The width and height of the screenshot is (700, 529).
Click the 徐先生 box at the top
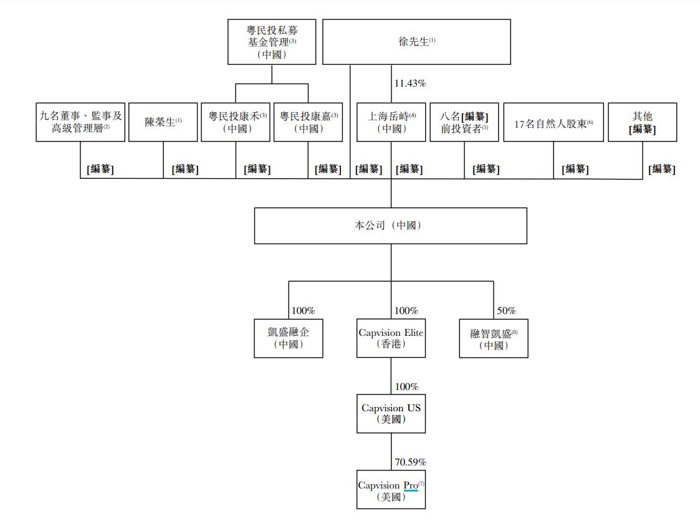point(416,42)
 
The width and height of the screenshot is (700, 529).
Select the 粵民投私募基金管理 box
point(272,42)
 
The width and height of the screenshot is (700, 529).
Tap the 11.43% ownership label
point(410,83)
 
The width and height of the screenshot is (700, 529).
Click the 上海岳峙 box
point(391,122)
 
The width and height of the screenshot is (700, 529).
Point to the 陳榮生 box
point(163,122)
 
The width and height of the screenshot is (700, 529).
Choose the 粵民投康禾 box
point(236,122)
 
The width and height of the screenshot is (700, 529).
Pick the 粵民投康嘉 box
point(308,122)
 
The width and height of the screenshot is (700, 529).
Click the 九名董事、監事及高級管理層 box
point(80,122)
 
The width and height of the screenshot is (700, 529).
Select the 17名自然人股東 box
point(554,122)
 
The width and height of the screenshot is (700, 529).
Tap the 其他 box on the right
point(642,122)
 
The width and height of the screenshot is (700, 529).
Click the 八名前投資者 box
point(464,122)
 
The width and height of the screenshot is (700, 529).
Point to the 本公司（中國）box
point(391,226)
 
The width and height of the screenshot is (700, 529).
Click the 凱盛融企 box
point(289,338)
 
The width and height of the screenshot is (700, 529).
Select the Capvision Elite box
point(391,338)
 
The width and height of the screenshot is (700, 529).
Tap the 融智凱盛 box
point(494,338)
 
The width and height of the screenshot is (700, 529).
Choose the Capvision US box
point(391,414)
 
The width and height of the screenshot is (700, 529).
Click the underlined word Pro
point(410,485)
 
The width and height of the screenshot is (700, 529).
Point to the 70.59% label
point(410,462)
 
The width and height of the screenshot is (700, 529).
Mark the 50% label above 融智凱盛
point(506,311)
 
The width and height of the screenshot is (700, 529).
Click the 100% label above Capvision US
point(406,387)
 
